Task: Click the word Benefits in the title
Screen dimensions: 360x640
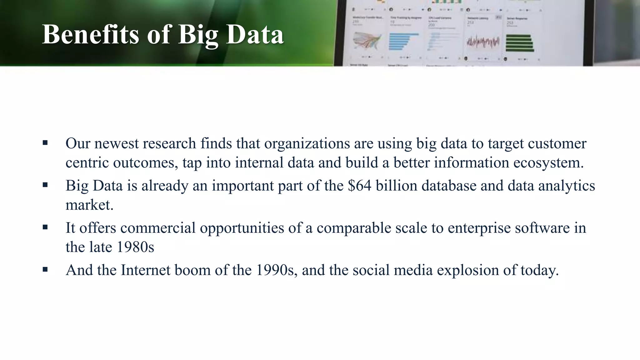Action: point(90,34)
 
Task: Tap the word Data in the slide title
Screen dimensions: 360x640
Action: point(255,34)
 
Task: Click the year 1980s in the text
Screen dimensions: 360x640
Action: point(136,247)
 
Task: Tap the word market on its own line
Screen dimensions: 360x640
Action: point(89,205)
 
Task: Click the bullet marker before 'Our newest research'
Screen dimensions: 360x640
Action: point(45,143)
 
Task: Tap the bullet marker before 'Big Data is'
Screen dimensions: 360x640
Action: point(45,185)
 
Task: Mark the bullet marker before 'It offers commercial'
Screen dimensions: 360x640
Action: point(45,227)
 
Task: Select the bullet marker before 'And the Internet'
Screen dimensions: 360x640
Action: point(45,270)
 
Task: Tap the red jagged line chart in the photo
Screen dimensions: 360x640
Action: point(483,42)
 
